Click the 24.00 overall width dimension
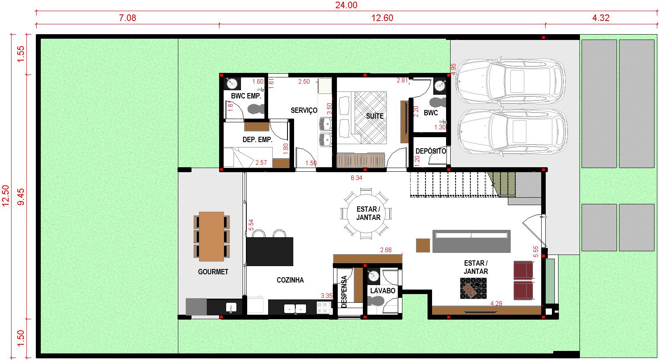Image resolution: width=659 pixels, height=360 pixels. tap(346, 5)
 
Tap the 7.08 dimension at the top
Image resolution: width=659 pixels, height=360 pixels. tap(127, 18)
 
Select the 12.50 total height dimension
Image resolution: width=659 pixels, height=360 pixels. tap(6, 196)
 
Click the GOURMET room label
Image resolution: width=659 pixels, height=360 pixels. tap(213, 272)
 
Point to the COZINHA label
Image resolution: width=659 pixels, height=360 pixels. tap(290, 280)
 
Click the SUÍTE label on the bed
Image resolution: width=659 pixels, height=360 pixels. tap(375, 116)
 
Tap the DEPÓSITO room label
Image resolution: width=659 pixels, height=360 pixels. tap(431, 151)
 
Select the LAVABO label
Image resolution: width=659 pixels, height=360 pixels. tap(383, 291)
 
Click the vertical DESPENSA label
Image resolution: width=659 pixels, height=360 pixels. tap(344, 292)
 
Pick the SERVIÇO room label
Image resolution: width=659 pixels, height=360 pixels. tap(304, 110)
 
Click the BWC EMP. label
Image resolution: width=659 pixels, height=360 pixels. tap(246, 96)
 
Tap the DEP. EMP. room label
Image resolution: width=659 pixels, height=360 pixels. tap(257, 140)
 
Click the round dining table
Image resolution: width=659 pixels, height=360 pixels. tap(366, 213)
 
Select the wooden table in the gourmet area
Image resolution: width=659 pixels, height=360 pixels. tap(212, 236)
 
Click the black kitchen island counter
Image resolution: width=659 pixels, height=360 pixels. tap(269, 252)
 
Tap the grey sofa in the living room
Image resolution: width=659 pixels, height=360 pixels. tap(471, 241)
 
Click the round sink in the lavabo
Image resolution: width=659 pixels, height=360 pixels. tap(373, 276)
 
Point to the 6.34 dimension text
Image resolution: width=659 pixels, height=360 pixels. tap(356, 178)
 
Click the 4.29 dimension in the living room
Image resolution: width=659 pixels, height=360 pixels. tap(496, 303)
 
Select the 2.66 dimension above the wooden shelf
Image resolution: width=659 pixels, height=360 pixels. tap(386, 250)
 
